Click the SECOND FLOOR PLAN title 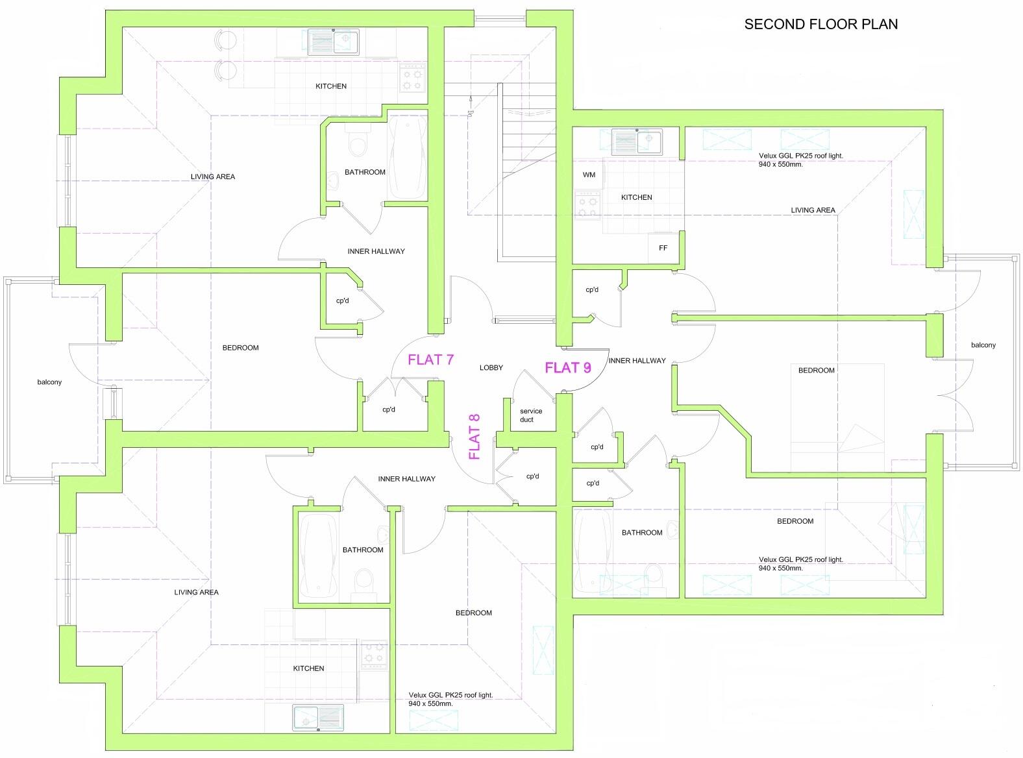pyautogui.click(x=821, y=25)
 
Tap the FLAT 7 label pyautogui.click(x=431, y=360)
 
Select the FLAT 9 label pyautogui.click(x=568, y=367)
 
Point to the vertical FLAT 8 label pyautogui.click(x=474, y=437)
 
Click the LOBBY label pyautogui.click(x=491, y=368)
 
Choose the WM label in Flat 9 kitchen pyautogui.click(x=589, y=175)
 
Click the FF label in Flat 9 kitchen pyautogui.click(x=663, y=248)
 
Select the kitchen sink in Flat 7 pyautogui.click(x=333, y=42)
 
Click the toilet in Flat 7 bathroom pyautogui.click(x=358, y=143)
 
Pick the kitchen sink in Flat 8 pyautogui.click(x=318, y=718)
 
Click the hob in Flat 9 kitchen pyautogui.click(x=587, y=206)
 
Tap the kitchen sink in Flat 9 pyautogui.click(x=637, y=142)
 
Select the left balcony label pyautogui.click(x=49, y=382)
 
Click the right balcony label pyautogui.click(x=983, y=345)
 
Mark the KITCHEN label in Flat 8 pyautogui.click(x=308, y=668)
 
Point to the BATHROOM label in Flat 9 pyautogui.click(x=642, y=533)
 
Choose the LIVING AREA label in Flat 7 pyautogui.click(x=213, y=177)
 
